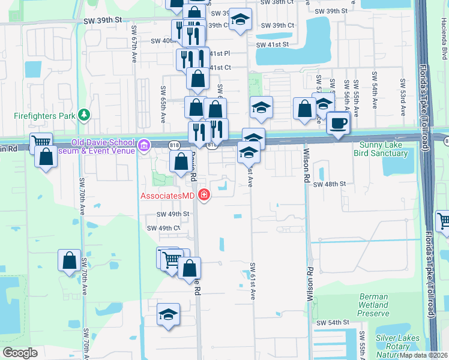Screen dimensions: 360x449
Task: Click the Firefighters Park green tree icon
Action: coord(85,114)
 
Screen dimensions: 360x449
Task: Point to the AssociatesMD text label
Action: coord(168,196)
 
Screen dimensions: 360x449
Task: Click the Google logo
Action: coord(20,353)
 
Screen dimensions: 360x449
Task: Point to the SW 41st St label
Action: coord(273,44)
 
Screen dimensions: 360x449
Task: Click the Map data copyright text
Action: coord(424,355)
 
